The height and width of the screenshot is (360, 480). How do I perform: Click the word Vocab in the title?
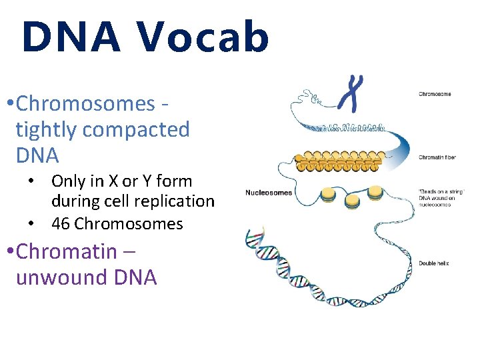(x=203, y=37)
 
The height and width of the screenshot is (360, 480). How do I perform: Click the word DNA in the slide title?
(x=71, y=37)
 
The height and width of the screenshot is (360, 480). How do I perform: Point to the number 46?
(x=61, y=224)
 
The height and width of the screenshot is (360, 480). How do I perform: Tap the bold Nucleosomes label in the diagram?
(x=268, y=193)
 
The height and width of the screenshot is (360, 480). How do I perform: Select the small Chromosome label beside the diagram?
(x=435, y=94)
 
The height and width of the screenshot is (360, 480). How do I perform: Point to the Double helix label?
(x=433, y=263)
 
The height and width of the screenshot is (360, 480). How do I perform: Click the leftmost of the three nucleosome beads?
(x=328, y=195)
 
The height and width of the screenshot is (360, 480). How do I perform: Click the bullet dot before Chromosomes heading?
(x=7, y=104)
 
